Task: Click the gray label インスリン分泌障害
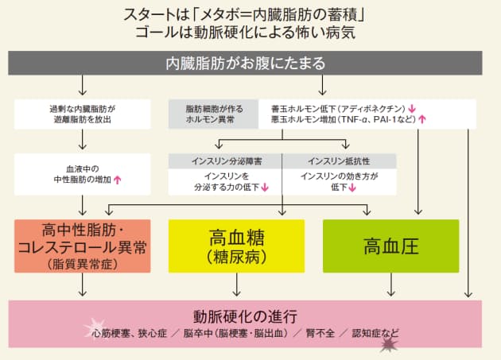pos(227,161)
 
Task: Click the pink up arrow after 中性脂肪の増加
pos(117,180)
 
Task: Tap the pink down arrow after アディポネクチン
pos(413,106)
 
